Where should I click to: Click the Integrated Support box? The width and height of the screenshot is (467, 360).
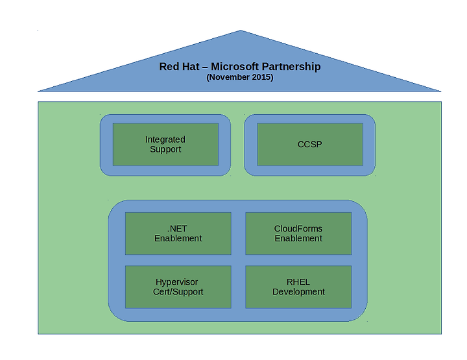(x=165, y=144)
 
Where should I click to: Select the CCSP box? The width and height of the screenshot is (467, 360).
(x=310, y=144)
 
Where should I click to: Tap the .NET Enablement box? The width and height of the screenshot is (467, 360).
(x=178, y=234)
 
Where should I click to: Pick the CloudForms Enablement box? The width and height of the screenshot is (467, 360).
(x=298, y=234)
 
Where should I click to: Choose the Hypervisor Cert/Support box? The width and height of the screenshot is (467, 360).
(x=178, y=287)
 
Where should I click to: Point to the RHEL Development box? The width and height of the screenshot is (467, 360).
(x=298, y=287)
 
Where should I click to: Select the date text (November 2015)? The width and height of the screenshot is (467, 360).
(x=240, y=77)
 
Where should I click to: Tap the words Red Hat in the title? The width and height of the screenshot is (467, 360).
(x=178, y=66)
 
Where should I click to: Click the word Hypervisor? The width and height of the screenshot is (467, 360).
(x=177, y=282)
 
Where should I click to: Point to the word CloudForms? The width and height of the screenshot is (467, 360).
(x=298, y=229)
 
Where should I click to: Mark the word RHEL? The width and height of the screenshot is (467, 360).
(x=298, y=282)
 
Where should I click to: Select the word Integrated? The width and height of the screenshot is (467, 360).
(x=165, y=139)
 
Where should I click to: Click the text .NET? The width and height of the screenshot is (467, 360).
(x=178, y=229)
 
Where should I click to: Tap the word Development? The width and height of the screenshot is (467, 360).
(x=298, y=292)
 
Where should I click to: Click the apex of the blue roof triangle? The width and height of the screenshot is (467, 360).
(x=241, y=31)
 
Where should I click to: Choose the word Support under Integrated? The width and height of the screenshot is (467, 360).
(x=165, y=149)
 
